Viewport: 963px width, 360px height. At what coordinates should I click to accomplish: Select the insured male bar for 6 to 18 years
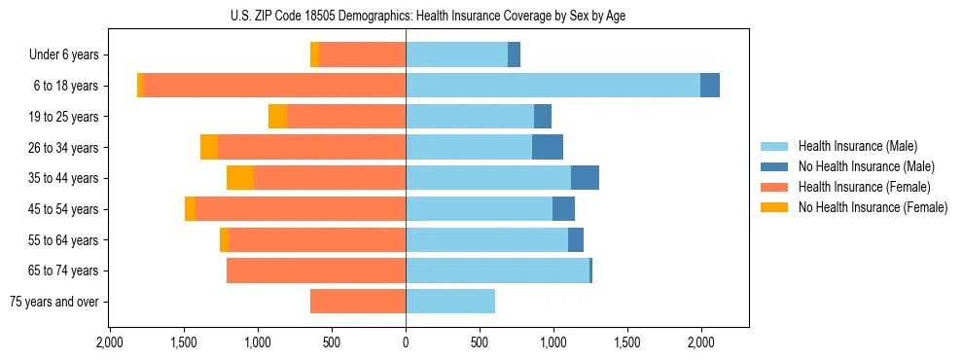553,86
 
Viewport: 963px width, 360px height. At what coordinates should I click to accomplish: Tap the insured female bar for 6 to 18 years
274,86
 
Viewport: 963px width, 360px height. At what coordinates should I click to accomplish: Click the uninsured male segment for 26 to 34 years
548,147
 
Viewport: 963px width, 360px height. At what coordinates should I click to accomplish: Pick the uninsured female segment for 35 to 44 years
240,178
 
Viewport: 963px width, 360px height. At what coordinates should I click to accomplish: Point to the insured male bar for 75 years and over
450,302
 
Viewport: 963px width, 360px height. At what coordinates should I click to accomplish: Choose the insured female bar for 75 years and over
358,302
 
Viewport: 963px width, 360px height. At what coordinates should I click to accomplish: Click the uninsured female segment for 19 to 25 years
278,117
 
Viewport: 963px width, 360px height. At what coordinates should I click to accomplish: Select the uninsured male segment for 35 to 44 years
585,178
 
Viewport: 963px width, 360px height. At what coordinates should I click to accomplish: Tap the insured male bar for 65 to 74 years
497,270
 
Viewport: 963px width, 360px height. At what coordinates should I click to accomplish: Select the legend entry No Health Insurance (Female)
873,207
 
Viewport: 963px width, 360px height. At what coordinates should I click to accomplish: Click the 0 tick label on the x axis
406,342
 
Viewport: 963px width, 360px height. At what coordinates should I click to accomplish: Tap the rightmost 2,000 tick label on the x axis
701,342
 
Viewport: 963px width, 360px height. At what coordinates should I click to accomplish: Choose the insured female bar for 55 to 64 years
317,239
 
